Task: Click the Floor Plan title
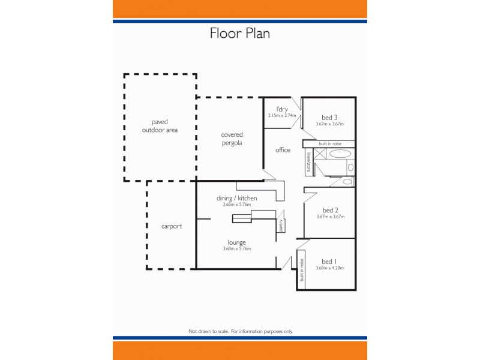(239, 33)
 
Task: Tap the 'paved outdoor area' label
(160, 125)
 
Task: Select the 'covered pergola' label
(231, 139)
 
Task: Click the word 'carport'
(171, 227)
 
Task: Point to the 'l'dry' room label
(282, 109)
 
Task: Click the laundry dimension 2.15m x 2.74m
(282, 115)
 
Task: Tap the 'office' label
(283, 150)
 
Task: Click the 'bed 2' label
(331, 210)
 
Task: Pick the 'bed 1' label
(329, 262)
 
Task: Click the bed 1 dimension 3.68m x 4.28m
(329, 268)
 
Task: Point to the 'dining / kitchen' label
(236, 198)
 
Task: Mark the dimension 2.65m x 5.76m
(236, 205)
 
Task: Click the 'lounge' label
(236, 242)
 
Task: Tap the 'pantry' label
(280, 226)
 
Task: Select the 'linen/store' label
(308, 162)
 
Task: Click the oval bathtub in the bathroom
(340, 154)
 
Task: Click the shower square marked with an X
(320, 154)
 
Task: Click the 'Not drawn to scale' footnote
(240, 331)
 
